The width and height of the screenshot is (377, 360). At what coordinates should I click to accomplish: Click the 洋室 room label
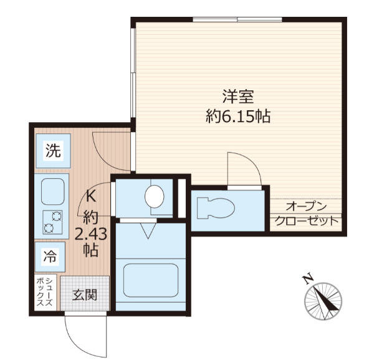click(238, 97)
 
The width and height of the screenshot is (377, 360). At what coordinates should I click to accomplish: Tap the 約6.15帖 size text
click(238, 116)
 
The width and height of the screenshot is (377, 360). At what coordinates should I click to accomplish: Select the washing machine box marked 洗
click(53, 151)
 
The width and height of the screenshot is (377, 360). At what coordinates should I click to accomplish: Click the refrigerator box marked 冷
click(50, 257)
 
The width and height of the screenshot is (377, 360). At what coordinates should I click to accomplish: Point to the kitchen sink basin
click(53, 191)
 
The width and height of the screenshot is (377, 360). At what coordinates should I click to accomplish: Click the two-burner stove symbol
click(52, 222)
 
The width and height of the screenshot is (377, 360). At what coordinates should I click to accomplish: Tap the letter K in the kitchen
click(91, 197)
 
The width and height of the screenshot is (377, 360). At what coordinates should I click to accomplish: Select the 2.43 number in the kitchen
click(90, 234)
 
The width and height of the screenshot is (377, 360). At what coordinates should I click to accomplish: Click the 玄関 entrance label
click(85, 295)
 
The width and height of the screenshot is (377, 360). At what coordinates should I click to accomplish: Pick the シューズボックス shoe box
click(45, 292)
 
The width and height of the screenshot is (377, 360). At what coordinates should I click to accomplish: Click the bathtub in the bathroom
click(151, 280)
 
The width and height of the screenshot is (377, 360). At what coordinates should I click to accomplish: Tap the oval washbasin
click(155, 197)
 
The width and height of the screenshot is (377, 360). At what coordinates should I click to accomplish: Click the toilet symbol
click(216, 208)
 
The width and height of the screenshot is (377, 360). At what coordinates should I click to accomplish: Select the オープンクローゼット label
click(307, 214)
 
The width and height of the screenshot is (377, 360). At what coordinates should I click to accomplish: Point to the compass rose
click(323, 301)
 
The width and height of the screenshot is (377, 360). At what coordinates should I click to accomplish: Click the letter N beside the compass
click(308, 279)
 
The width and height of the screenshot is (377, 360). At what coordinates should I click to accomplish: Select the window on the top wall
click(237, 19)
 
